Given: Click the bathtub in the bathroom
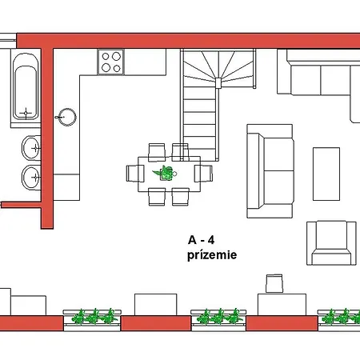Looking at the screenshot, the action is (26, 86).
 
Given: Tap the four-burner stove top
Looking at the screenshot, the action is (111, 62).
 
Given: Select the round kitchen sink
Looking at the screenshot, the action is (67, 117).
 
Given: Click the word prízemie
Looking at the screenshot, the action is (212, 255).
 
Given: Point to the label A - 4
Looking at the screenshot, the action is (201, 240).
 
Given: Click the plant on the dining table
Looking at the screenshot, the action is (165, 173).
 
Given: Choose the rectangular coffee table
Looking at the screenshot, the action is (326, 174).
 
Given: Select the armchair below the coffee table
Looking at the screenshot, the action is (331, 242).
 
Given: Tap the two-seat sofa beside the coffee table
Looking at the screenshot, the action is (270, 171).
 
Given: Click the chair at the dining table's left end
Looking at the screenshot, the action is (135, 174).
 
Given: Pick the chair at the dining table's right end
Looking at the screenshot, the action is (203, 174).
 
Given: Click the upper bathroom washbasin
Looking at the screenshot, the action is (31, 148).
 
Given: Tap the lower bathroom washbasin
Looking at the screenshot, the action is (31, 178).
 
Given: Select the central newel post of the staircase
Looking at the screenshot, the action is (218, 83).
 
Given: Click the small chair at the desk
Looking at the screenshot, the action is (274, 283).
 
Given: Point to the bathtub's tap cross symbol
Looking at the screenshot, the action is (26, 113).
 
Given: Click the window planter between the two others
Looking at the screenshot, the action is (218, 320).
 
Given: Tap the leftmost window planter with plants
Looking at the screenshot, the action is (92, 320).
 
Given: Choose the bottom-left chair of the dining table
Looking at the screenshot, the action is (157, 197).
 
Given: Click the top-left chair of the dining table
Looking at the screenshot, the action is (157, 153).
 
